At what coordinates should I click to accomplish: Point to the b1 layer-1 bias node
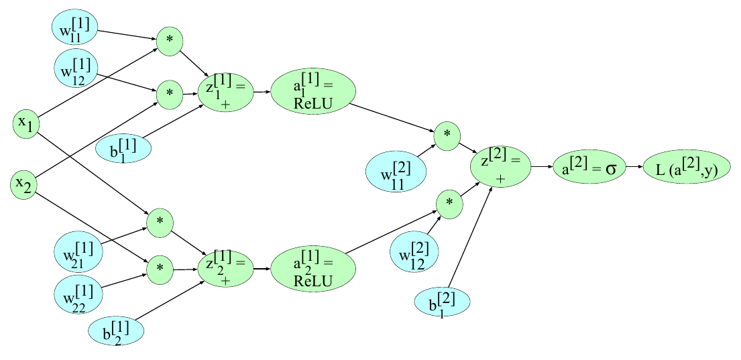point(123,148)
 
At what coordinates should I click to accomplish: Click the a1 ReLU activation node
point(313,92)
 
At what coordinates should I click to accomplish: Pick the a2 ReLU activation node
point(313,268)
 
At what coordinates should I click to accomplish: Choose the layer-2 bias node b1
point(443,303)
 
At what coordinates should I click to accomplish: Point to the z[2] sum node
point(501,167)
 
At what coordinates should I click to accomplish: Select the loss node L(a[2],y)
point(687,167)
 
